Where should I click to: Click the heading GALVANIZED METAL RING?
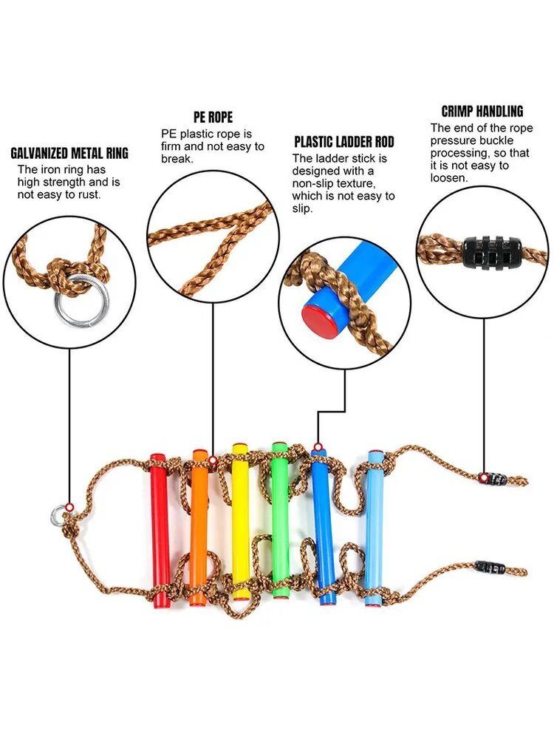69,153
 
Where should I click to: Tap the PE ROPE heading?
213,117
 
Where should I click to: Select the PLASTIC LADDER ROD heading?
344,142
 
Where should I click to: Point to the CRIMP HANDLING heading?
482,112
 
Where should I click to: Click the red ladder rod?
160,530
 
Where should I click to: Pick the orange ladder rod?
199,528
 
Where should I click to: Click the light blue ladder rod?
375,529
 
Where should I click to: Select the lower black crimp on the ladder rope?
490,567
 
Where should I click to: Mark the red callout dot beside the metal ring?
69,507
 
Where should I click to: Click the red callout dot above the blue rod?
318,446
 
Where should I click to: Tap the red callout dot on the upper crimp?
483,478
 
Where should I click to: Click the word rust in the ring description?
89,194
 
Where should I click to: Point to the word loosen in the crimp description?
449,178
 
